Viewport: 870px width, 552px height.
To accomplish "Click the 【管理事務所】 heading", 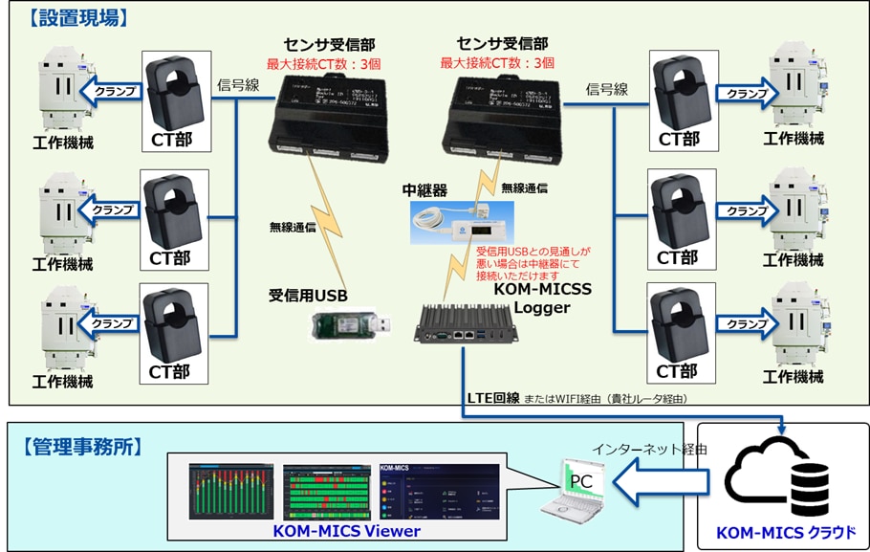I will tap(80, 447).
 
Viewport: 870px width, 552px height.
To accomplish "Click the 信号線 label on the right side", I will tap(607, 90).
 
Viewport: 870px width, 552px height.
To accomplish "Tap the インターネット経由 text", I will tap(649, 447).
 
